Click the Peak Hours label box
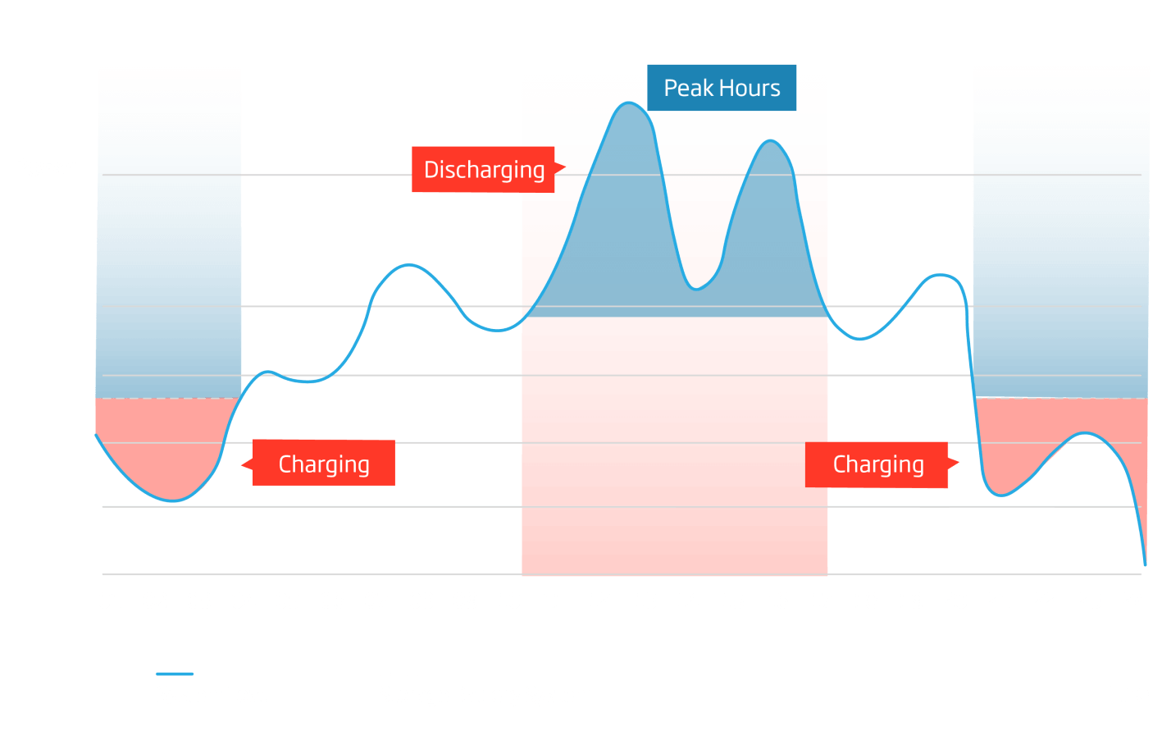pyautogui.click(x=722, y=88)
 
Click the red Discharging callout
pyautogui.click(x=484, y=170)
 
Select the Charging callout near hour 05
pyautogui.click(x=324, y=464)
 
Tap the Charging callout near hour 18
pyautogui.click(x=877, y=464)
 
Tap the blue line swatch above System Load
pyautogui.click(x=175, y=674)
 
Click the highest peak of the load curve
pyautogui.click(x=629, y=103)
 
